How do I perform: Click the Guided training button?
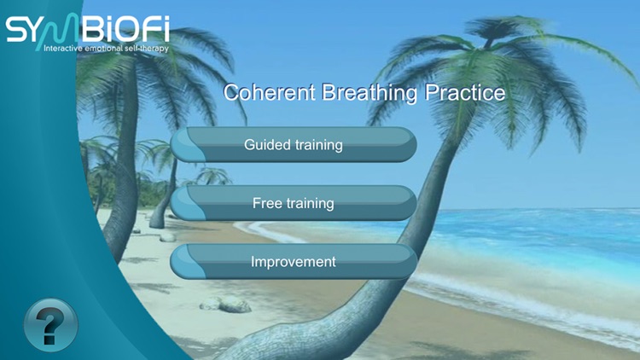pos(294,145)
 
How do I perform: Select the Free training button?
pos(294,204)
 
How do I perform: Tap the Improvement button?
pos(294,262)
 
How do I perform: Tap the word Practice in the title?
pos(464,93)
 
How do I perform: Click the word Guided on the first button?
pos(267,145)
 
